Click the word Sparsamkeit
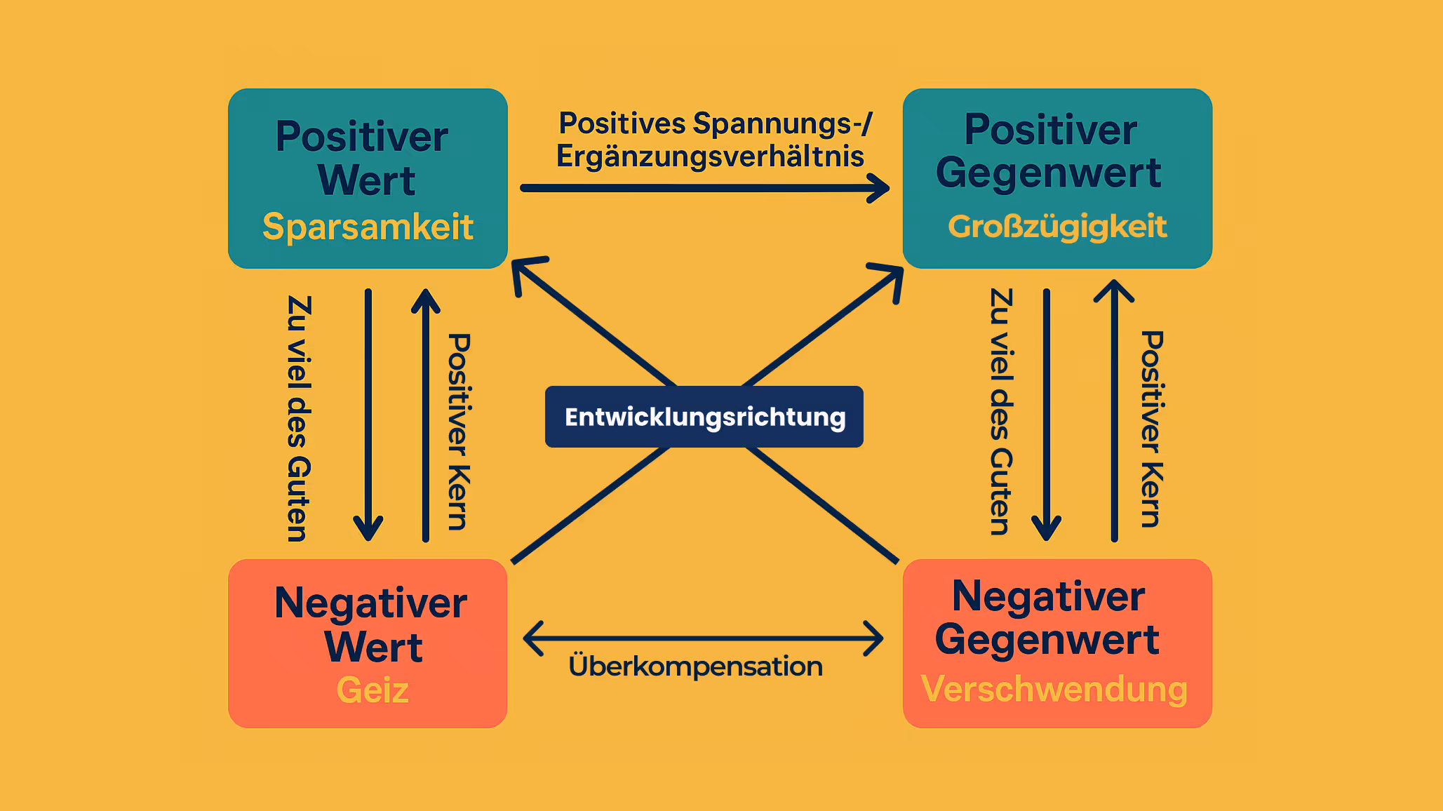tap(368, 227)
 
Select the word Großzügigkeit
tap(1057, 227)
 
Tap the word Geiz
tap(373, 690)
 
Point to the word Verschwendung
tap(1054, 689)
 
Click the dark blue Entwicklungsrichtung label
tap(704, 417)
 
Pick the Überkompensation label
tap(695, 666)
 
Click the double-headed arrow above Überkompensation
tap(704, 638)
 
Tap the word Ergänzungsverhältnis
tap(710, 156)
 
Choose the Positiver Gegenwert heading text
tap(1049, 152)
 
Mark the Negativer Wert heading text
tap(371, 624)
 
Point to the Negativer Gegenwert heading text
tap(1048, 618)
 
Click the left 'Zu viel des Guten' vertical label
tap(298, 418)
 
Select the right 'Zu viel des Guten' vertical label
tap(1001, 411)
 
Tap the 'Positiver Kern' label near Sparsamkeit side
tap(459, 431)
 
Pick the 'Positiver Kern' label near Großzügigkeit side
tap(1152, 428)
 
